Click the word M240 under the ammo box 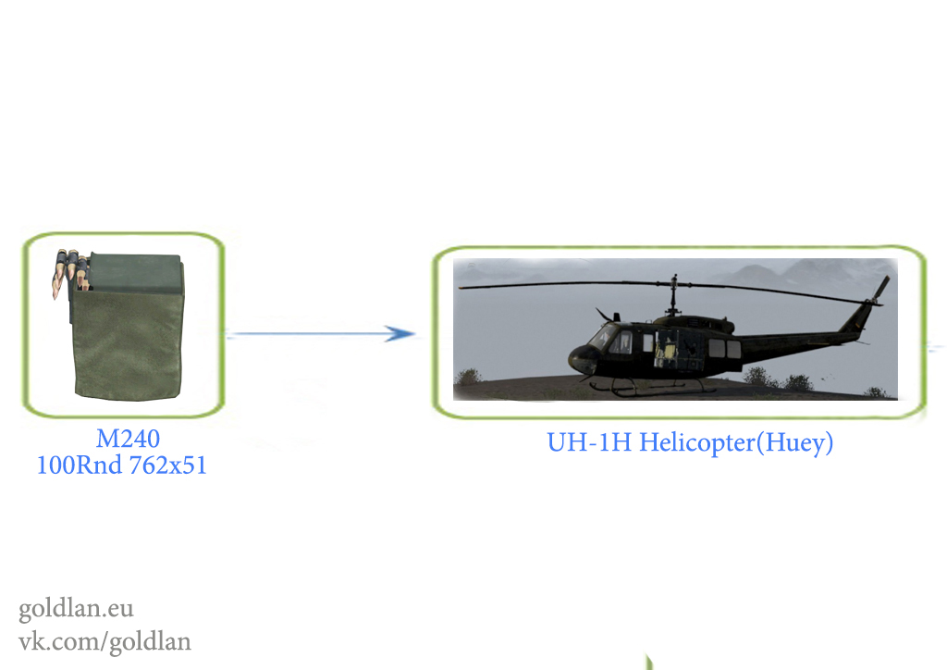(x=128, y=439)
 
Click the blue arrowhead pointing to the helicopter (x=400, y=333)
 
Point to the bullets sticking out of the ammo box (x=70, y=270)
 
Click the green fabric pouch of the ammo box (x=128, y=344)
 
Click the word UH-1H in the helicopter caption (x=589, y=443)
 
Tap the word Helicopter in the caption (x=697, y=443)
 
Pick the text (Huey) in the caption (x=794, y=443)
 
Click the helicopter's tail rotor (x=880, y=290)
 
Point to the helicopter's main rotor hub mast (x=673, y=295)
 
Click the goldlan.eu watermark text (x=76, y=608)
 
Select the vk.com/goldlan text (x=105, y=641)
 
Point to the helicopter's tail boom (x=797, y=340)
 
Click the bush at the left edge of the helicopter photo (x=468, y=378)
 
